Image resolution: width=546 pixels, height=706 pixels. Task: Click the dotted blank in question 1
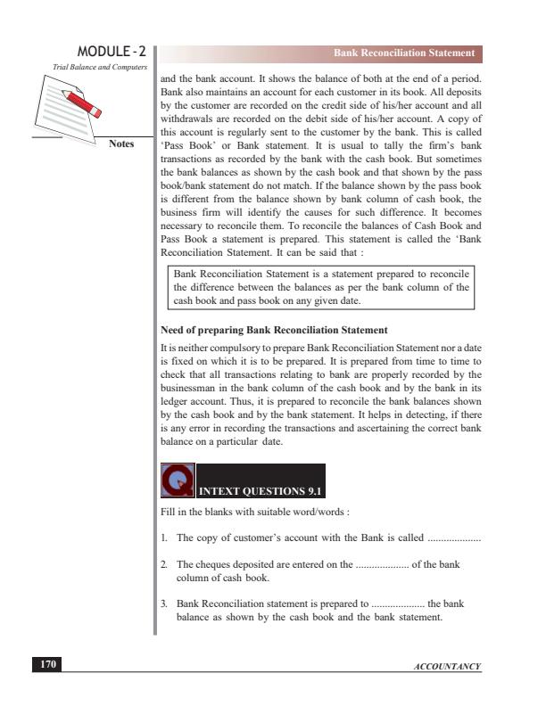[x=454, y=540]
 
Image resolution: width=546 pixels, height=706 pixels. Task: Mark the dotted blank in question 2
[x=383, y=567]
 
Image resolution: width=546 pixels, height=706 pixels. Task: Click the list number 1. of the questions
[x=165, y=539]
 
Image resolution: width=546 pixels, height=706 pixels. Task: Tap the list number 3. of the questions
[x=165, y=603]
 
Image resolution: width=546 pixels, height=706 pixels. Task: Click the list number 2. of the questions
[x=165, y=567]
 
